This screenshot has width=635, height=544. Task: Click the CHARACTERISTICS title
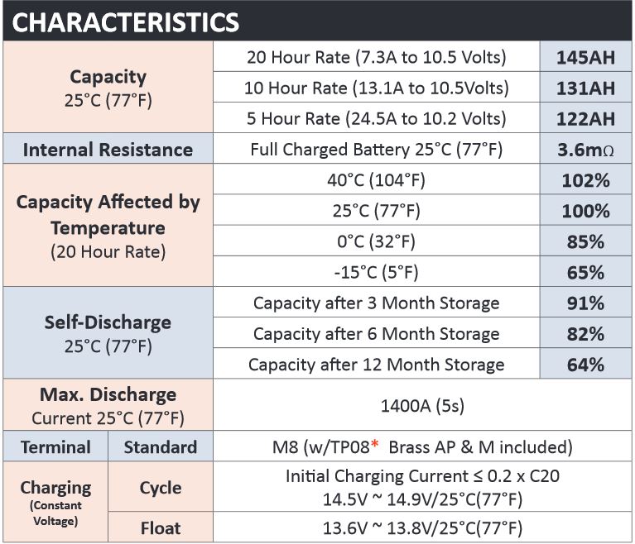pos(126,21)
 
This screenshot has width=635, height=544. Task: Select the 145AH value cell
pos(585,57)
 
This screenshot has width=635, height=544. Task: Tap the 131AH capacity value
pos(585,88)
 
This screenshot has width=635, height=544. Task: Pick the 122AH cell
pos(585,119)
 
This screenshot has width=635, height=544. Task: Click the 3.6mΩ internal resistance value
pos(585,150)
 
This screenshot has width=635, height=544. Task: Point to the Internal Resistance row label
pos(108,150)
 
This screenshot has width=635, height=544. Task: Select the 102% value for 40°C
pos(585,180)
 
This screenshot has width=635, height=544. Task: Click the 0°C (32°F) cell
pos(376,241)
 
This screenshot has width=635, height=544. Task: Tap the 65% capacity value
pos(585,273)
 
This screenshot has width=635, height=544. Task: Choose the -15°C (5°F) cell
pos(376,272)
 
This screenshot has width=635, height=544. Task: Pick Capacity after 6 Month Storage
pos(376,334)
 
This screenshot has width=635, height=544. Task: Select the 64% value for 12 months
pos(585,365)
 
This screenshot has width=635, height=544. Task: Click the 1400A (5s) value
pos(422,405)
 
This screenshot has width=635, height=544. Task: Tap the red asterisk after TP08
pos(375,444)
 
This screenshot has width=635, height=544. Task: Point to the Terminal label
pos(55,447)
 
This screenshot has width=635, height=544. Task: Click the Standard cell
pos(161,447)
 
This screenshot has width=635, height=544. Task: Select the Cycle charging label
pos(161,488)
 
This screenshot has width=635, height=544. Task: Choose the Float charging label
pos(161,527)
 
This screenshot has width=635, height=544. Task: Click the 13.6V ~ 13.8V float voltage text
pos(422,527)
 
